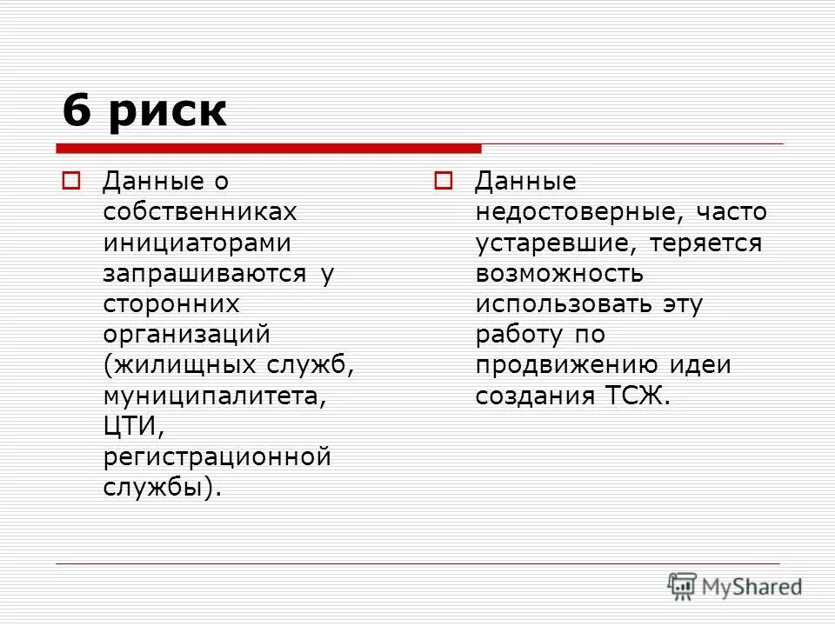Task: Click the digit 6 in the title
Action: [77, 110]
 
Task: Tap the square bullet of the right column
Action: [443, 182]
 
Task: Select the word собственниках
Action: [199, 212]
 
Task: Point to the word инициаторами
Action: [197, 243]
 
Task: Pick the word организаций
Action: [187, 334]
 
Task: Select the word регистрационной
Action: [217, 456]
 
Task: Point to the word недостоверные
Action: [573, 212]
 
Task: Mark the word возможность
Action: [559, 273]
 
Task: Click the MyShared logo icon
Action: [683, 586]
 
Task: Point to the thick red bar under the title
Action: [269, 148]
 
